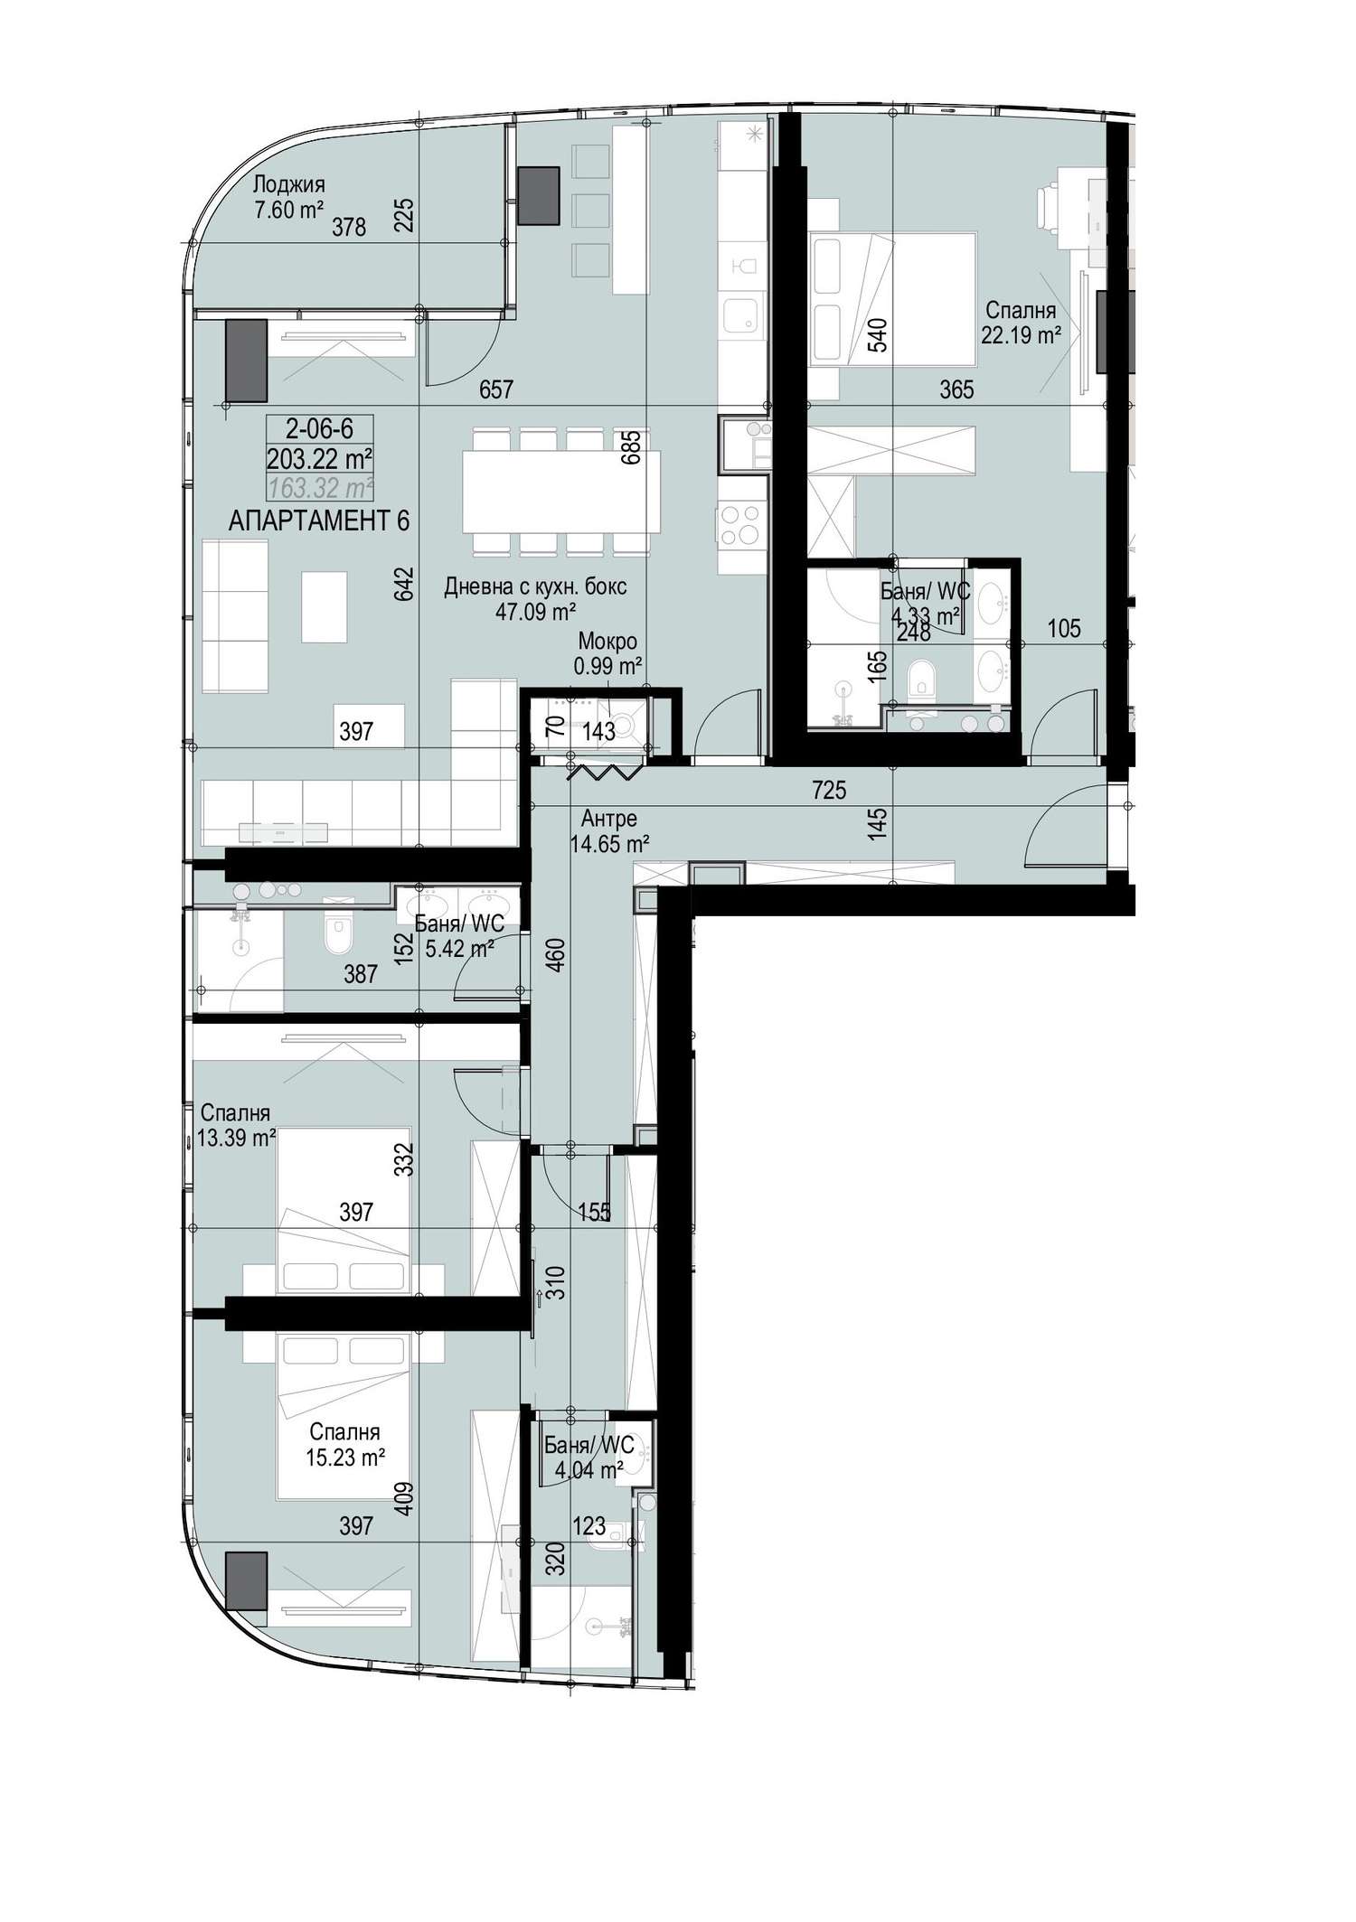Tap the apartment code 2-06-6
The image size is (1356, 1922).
pyautogui.click(x=320, y=428)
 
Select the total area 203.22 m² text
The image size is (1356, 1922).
pyautogui.click(x=320, y=458)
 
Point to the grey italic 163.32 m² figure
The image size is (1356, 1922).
pyautogui.click(x=320, y=489)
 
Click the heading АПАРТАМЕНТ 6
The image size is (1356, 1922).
pyautogui.click(x=319, y=521)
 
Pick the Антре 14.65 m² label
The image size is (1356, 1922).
pyautogui.click(x=609, y=831)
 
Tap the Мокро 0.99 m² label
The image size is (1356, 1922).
pyautogui.click(x=607, y=654)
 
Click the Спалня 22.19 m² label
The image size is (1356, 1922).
pyautogui.click(x=1021, y=323)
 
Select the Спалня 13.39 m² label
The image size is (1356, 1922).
pyautogui.click(x=236, y=1126)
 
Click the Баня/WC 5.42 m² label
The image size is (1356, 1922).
pyautogui.click(x=459, y=937)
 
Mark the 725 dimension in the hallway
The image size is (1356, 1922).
pyautogui.click(x=829, y=791)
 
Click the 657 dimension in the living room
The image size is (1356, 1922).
pyautogui.click(x=496, y=389)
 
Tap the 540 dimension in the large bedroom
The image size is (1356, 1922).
pyautogui.click(x=878, y=334)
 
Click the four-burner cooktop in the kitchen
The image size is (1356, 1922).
pyautogui.click(x=741, y=525)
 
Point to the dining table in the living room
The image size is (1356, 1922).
pyautogui.click(x=560, y=492)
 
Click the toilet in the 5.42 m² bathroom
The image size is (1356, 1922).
pyautogui.click(x=338, y=936)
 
